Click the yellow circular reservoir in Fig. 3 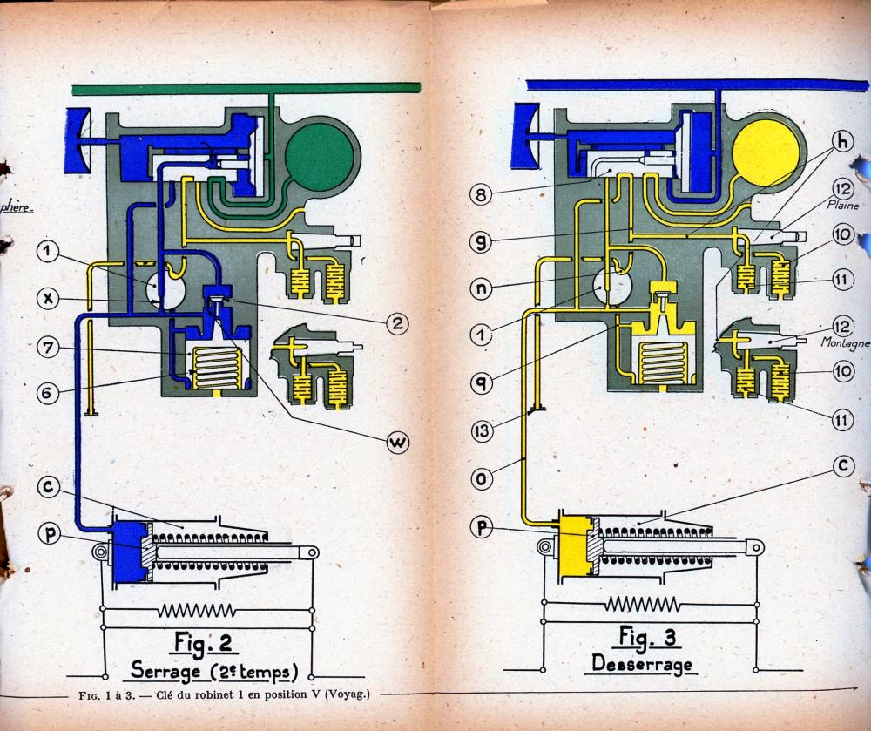point(766,152)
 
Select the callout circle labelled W point(398,443)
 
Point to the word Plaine point(844,206)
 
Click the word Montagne point(845,343)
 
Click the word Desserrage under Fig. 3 point(642,665)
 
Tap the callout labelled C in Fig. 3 point(841,466)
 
